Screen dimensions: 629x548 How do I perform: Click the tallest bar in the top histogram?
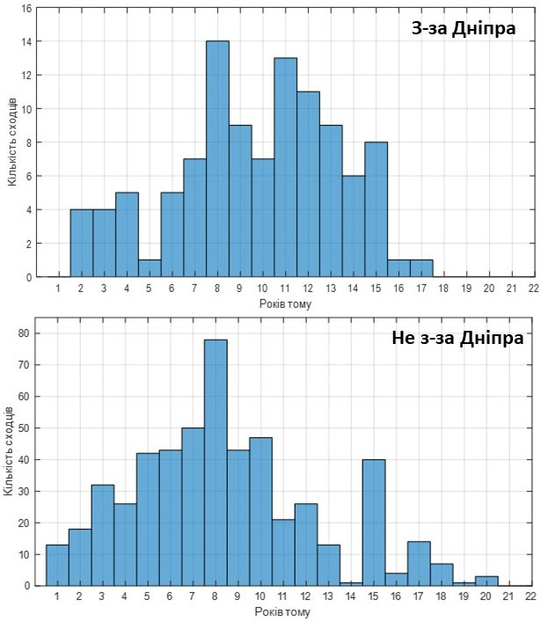217,158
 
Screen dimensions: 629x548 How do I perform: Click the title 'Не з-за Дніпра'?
457,338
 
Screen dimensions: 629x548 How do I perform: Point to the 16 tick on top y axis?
27,9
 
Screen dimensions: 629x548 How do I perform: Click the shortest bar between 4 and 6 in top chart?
149,268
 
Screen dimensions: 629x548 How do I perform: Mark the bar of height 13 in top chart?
285,167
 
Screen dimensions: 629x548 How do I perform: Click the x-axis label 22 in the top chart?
534,288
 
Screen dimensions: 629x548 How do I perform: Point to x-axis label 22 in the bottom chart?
530,596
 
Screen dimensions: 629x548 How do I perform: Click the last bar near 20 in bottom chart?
486,581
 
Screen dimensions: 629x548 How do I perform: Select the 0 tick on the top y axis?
28,277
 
